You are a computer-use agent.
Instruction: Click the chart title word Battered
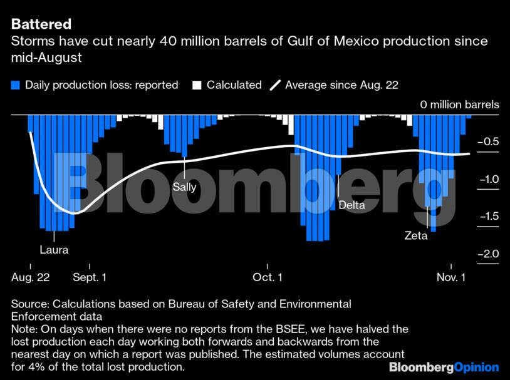(x=41, y=24)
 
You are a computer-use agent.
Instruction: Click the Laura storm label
(x=53, y=250)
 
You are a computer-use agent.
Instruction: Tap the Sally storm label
(x=185, y=187)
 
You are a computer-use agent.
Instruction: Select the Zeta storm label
(x=416, y=236)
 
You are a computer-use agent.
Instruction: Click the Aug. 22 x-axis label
(x=31, y=277)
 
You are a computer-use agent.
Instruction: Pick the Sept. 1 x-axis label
(x=90, y=277)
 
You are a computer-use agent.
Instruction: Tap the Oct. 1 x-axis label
(x=268, y=277)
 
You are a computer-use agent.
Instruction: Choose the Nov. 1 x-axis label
(x=451, y=277)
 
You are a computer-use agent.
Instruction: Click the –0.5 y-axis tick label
(x=488, y=141)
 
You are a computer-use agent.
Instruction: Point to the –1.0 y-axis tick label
(x=488, y=179)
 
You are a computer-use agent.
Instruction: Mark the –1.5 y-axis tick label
(x=488, y=217)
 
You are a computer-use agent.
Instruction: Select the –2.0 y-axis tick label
(x=488, y=254)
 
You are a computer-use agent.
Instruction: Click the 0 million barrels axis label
(x=460, y=105)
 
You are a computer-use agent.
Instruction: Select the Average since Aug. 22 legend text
(x=341, y=85)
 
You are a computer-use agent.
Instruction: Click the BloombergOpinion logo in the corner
(x=444, y=367)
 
